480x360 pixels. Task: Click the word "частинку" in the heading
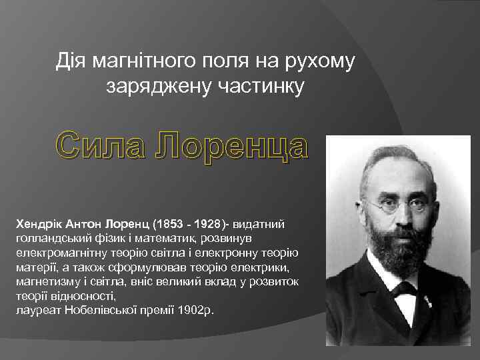[262, 85]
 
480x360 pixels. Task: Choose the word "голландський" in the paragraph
[47, 238]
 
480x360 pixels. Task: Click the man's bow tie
[403, 289]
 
